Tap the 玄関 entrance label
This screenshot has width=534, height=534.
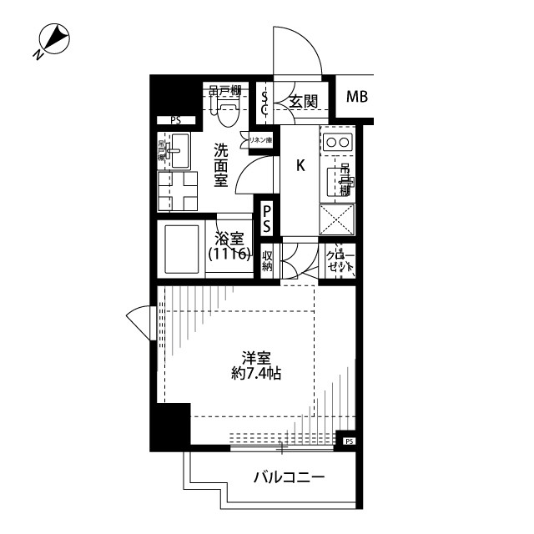point(303,102)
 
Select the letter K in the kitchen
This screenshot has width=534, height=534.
point(300,165)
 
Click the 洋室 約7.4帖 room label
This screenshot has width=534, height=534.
point(256,365)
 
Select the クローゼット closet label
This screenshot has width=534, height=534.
point(340,261)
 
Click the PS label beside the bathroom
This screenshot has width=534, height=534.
point(266,219)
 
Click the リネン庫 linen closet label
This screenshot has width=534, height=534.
point(261,140)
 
